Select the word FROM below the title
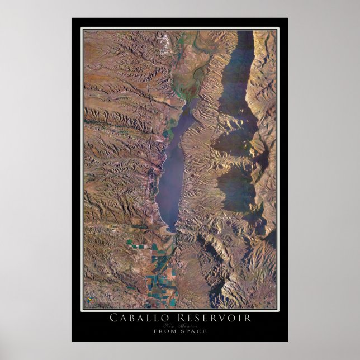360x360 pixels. tap(167, 331)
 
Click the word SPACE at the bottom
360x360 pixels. tap(194, 331)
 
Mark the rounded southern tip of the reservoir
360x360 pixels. tap(169, 228)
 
